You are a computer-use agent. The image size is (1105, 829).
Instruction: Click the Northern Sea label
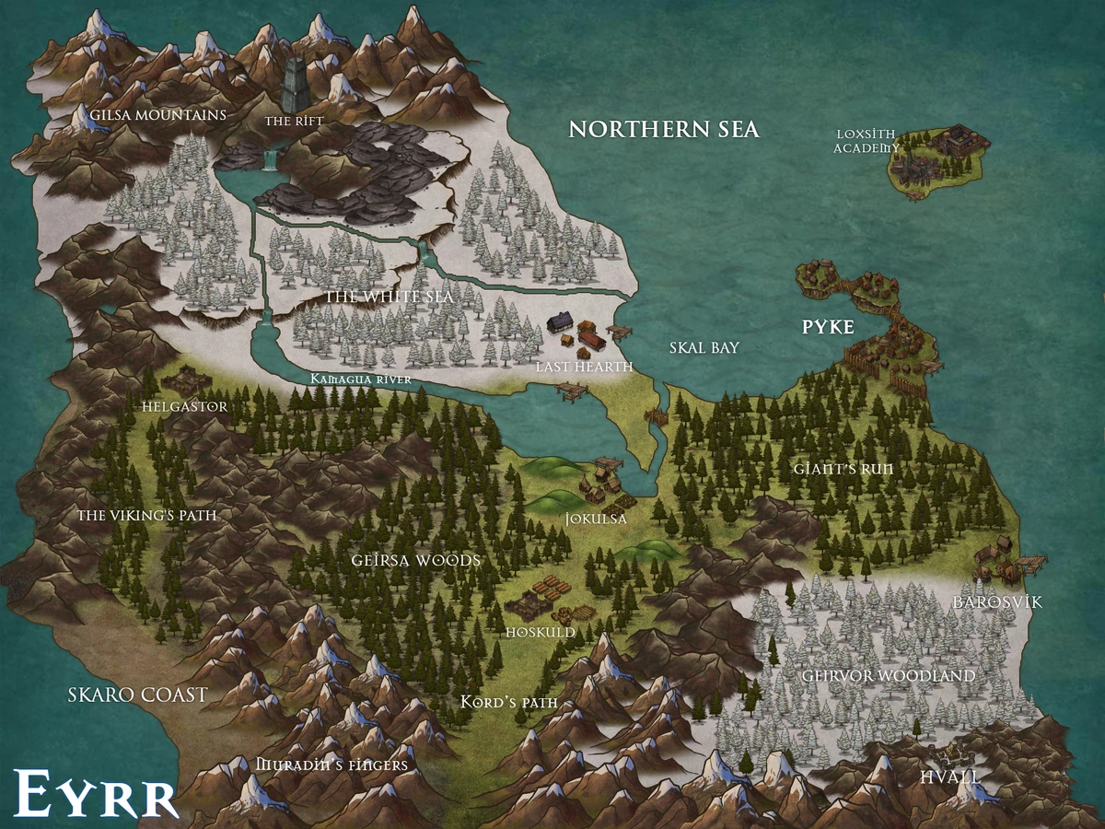[x=663, y=129]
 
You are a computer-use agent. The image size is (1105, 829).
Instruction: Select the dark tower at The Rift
[x=297, y=85]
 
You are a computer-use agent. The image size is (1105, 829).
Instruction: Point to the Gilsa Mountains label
[x=157, y=116]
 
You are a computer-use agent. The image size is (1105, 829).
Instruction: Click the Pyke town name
[x=828, y=327]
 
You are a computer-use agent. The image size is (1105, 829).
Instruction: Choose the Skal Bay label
[x=704, y=347]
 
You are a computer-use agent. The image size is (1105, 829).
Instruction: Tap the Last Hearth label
[x=584, y=368]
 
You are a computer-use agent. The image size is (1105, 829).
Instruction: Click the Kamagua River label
[x=360, y=379]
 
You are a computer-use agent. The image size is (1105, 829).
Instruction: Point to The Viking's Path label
[x=147, y=515]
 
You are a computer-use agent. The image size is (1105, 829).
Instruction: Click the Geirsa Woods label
[x=416, y=560]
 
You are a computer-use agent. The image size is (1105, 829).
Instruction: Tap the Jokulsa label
[x=597, y=520]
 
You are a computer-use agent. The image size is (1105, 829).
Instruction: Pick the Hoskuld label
[x=541, y=633]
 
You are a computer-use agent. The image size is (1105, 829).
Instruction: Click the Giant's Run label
[x=843, y=468]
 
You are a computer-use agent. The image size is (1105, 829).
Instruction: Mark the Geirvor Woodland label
[x=888, y=676]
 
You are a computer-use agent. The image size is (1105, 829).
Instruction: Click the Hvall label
[x=949, y=776]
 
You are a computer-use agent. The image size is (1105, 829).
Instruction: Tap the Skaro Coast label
[x=138, y=695]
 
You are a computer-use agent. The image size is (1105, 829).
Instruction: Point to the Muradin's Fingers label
[x=331, y=765]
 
